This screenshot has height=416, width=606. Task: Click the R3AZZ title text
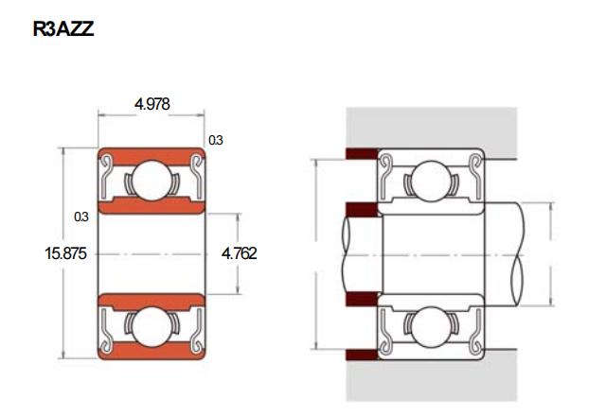[63, 29]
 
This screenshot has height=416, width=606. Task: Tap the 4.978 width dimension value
[151, 104]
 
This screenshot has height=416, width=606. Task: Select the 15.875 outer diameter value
[65, 253]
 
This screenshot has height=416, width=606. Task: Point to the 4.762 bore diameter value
[240, 253]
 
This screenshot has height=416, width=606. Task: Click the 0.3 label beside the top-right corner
[216, 140]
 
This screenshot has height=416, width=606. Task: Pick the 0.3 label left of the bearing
[81, 217]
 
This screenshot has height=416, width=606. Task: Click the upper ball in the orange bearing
[151, 181]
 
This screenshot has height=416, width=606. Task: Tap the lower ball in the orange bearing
[151, 326]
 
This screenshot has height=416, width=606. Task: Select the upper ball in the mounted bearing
[431, 181]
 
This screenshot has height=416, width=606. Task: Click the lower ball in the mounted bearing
[431, 327]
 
